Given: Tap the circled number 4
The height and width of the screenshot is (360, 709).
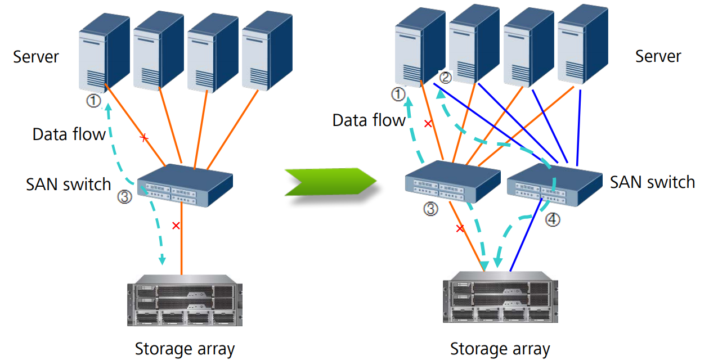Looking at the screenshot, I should point(553,220).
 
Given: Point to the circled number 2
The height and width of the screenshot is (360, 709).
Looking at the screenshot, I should point(445,78).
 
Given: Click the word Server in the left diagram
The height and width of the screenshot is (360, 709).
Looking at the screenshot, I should point(36,57).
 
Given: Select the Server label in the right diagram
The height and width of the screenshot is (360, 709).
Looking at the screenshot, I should point(658,56).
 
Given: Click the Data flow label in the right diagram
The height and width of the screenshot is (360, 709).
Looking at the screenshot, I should point(369,120).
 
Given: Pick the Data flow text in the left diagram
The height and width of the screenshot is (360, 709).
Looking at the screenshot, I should point(69,134).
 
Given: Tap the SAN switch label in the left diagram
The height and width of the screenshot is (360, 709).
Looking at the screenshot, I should point(69,184).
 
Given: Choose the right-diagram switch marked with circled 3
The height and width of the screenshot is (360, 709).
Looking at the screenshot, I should point(452,181).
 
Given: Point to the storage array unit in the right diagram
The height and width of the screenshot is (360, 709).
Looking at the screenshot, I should point(500,301).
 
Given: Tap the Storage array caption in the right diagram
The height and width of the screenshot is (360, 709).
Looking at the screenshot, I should point(500,349).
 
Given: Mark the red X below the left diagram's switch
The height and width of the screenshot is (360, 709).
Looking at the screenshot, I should point(176,226).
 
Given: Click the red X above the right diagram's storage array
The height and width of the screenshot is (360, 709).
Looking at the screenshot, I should point(460,228).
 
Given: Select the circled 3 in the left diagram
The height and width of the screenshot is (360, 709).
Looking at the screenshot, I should point(124,197).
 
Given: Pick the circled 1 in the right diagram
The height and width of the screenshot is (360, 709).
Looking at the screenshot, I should point(398,94).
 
